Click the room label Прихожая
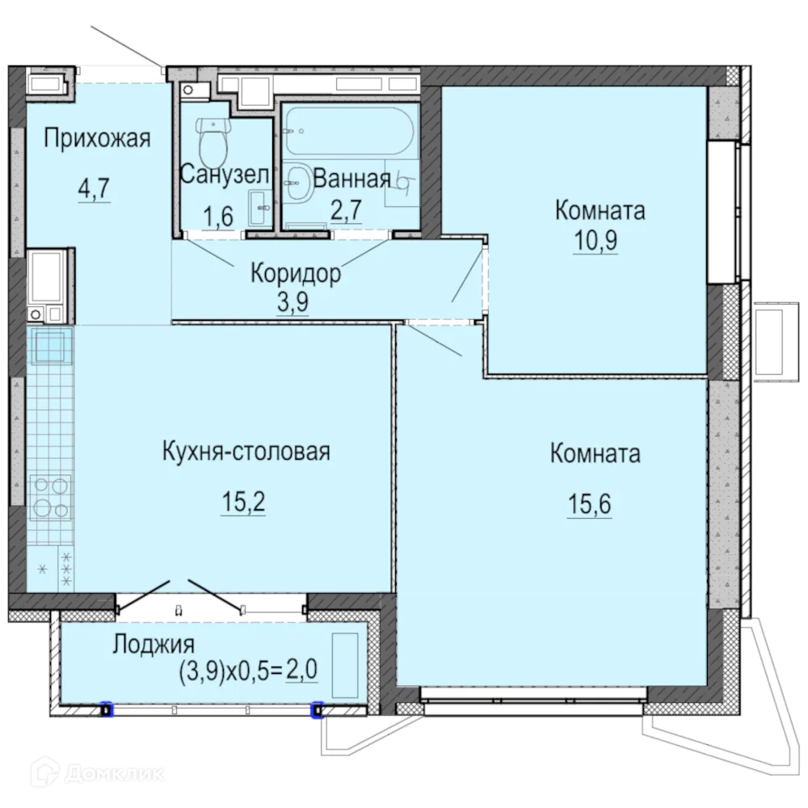[x=97, y=139]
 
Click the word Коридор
[x=295, y=273]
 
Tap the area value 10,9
[x=595, y=241]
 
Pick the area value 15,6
[x=588, y=506]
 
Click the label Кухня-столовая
[x=246, y=451]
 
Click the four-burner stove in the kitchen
[x=49, y=498]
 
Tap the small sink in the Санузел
[x=259, y=208]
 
